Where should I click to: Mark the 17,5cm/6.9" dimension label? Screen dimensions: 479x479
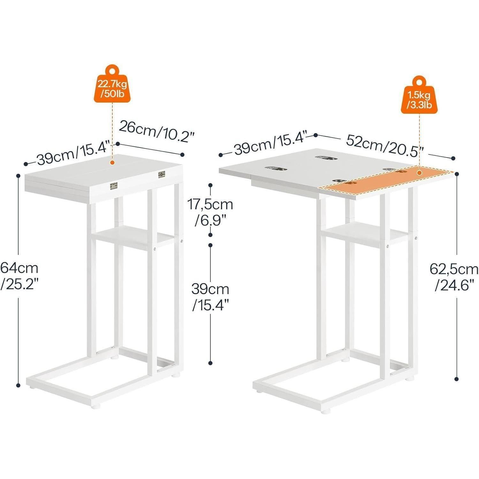pos(210,212)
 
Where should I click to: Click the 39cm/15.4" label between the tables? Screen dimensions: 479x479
pos(210,297)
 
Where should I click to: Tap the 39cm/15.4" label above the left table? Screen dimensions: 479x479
pos(74,154)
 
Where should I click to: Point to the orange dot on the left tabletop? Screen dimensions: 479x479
pos(112,162)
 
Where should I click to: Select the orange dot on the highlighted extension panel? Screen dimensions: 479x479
pos(419,173)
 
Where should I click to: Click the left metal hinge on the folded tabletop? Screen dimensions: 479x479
pos(114,186)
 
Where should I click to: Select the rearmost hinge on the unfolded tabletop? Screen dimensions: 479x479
pos(324,157)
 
